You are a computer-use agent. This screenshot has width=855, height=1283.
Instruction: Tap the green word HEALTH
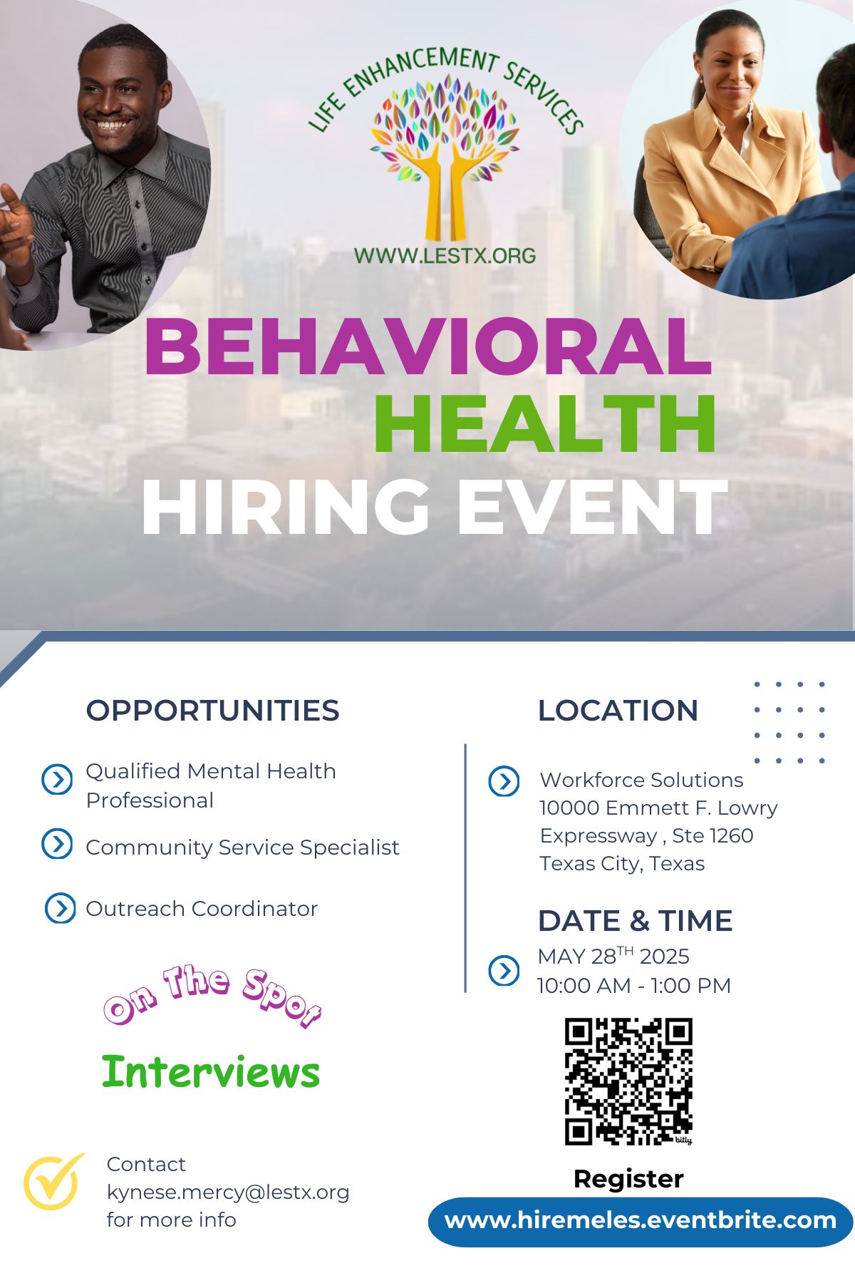coord(545,425)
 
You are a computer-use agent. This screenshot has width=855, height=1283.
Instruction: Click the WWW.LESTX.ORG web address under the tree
coord(445,256)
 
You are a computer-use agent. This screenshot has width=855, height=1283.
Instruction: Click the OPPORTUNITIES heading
coord(212,711)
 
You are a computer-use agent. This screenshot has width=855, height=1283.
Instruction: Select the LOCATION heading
coord(618,711)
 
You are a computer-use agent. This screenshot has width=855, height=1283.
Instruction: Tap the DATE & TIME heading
coord(635,921)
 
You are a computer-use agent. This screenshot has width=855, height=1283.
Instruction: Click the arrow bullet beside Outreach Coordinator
coord(61,908)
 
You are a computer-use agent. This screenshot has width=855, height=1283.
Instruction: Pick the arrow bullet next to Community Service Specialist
coord(57,844)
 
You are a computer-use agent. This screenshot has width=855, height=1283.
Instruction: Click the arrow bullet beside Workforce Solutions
coord(504,781)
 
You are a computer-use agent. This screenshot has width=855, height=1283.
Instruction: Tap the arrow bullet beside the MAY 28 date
coord(504,970)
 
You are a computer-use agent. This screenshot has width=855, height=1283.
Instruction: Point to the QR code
coord(628,1081)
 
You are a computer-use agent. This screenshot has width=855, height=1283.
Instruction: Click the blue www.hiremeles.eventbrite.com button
coord(641,1222)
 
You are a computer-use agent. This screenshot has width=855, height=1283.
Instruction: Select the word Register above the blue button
coord(628,1179)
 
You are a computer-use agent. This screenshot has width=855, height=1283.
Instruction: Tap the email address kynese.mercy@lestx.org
coord(228,1192)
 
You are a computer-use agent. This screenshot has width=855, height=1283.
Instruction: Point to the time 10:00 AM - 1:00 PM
coord(634,986)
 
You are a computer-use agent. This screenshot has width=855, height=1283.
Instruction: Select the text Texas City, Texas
coord(622,864)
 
